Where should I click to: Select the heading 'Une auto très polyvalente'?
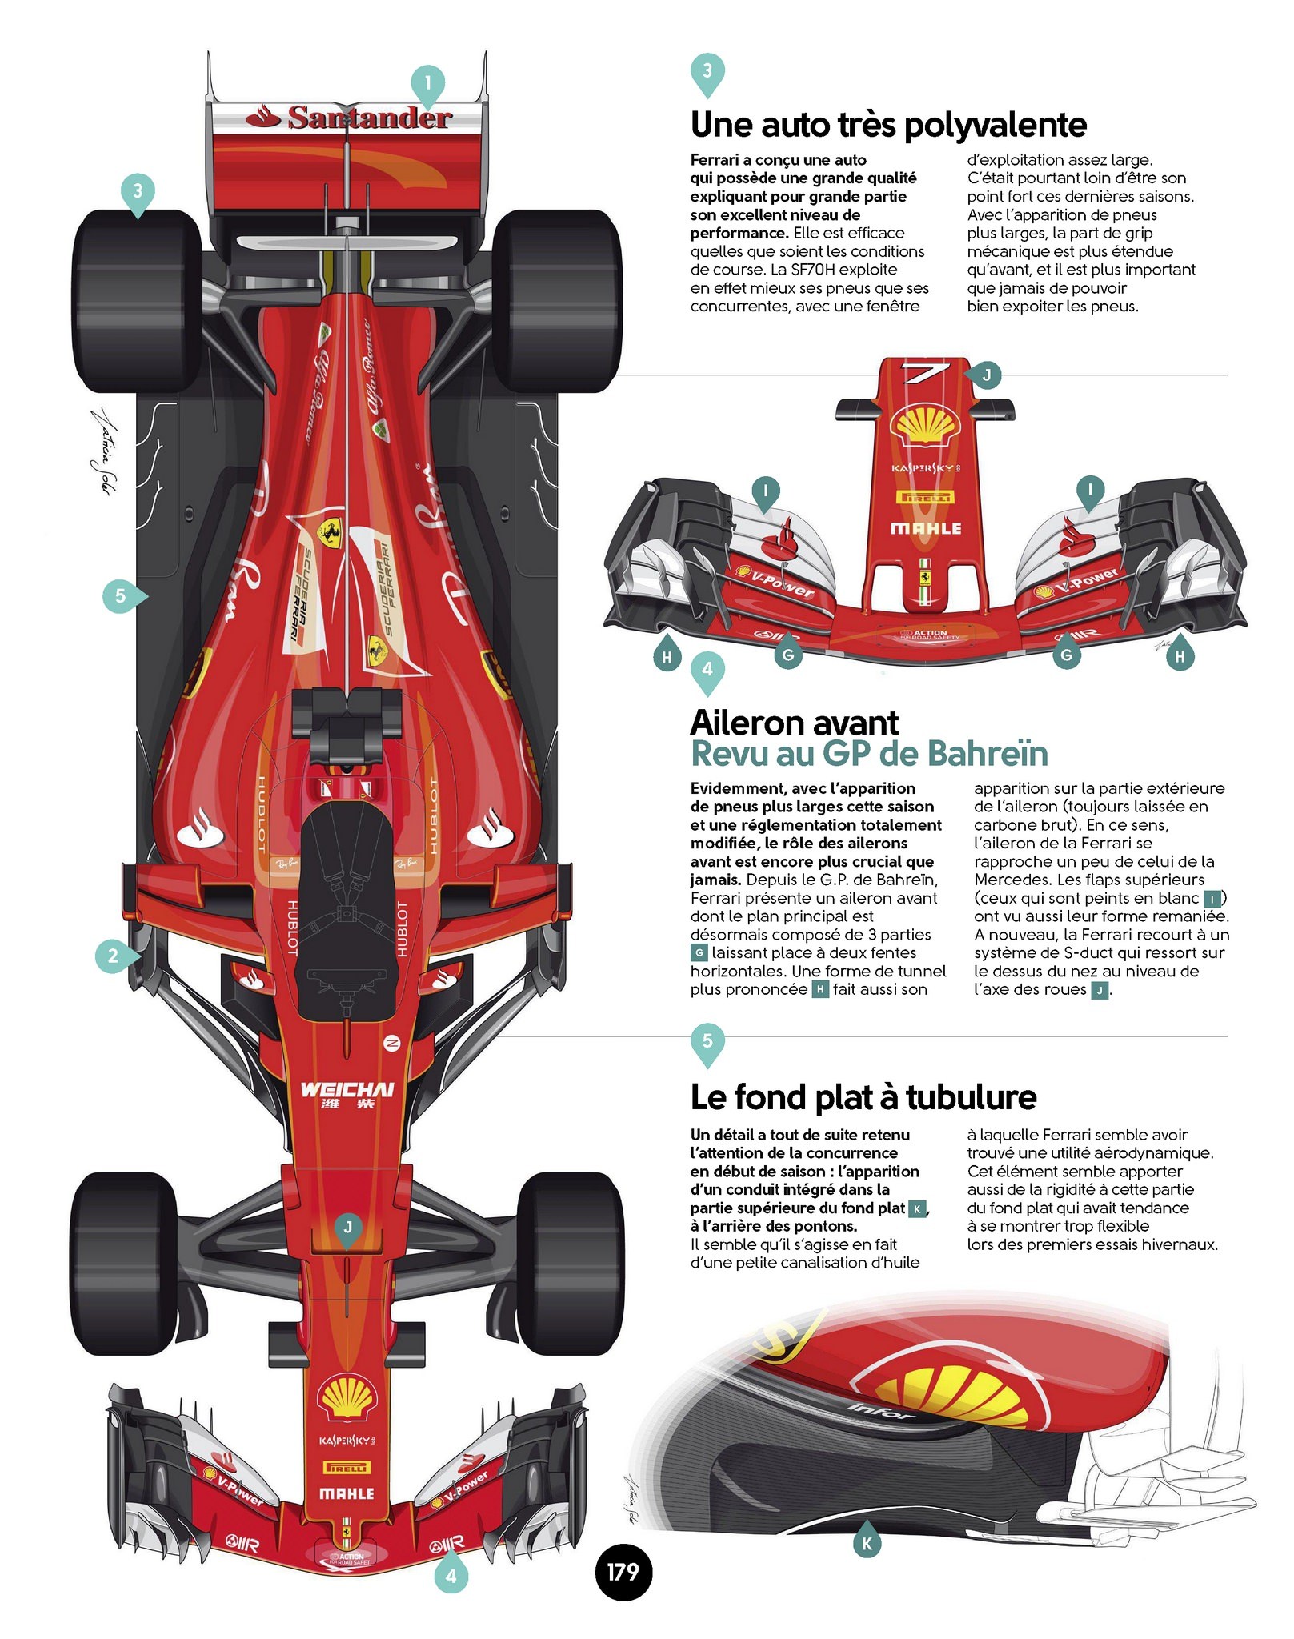click(x=888, y=125)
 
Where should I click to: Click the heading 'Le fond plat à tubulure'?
click(x=863, y=1097)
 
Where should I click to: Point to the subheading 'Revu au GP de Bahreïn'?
click(x=869, y=754)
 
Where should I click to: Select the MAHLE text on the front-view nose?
click(x=926, y=528)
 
